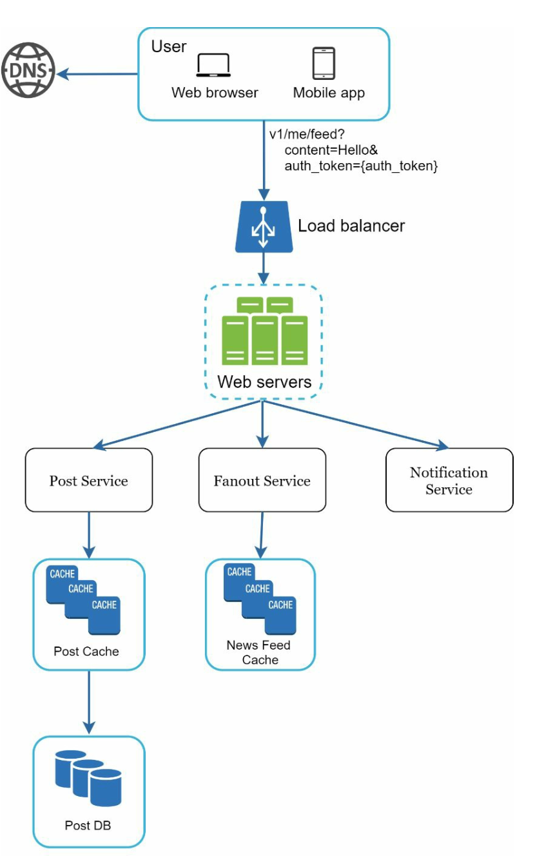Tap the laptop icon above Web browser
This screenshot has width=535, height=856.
(213, 66)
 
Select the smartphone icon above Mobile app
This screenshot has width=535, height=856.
(324, 64)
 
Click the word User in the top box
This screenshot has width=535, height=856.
(169, 46)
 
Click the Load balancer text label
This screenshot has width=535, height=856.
(351, 226)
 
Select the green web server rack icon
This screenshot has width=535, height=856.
(264, 332)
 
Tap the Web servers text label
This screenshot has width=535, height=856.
(264, 382)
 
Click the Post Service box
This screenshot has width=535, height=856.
(89, 480)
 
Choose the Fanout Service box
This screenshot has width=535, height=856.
(262, 480)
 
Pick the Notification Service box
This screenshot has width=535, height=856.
(449, 480)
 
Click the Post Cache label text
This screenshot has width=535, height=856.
(86, 651)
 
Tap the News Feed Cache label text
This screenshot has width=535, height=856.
(259, 652)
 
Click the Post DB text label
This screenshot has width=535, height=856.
(88, 825)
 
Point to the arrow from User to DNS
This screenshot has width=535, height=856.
(97, 74)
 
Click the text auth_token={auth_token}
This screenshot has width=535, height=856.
(362, 166)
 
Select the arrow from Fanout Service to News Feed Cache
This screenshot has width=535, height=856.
(261, 535)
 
